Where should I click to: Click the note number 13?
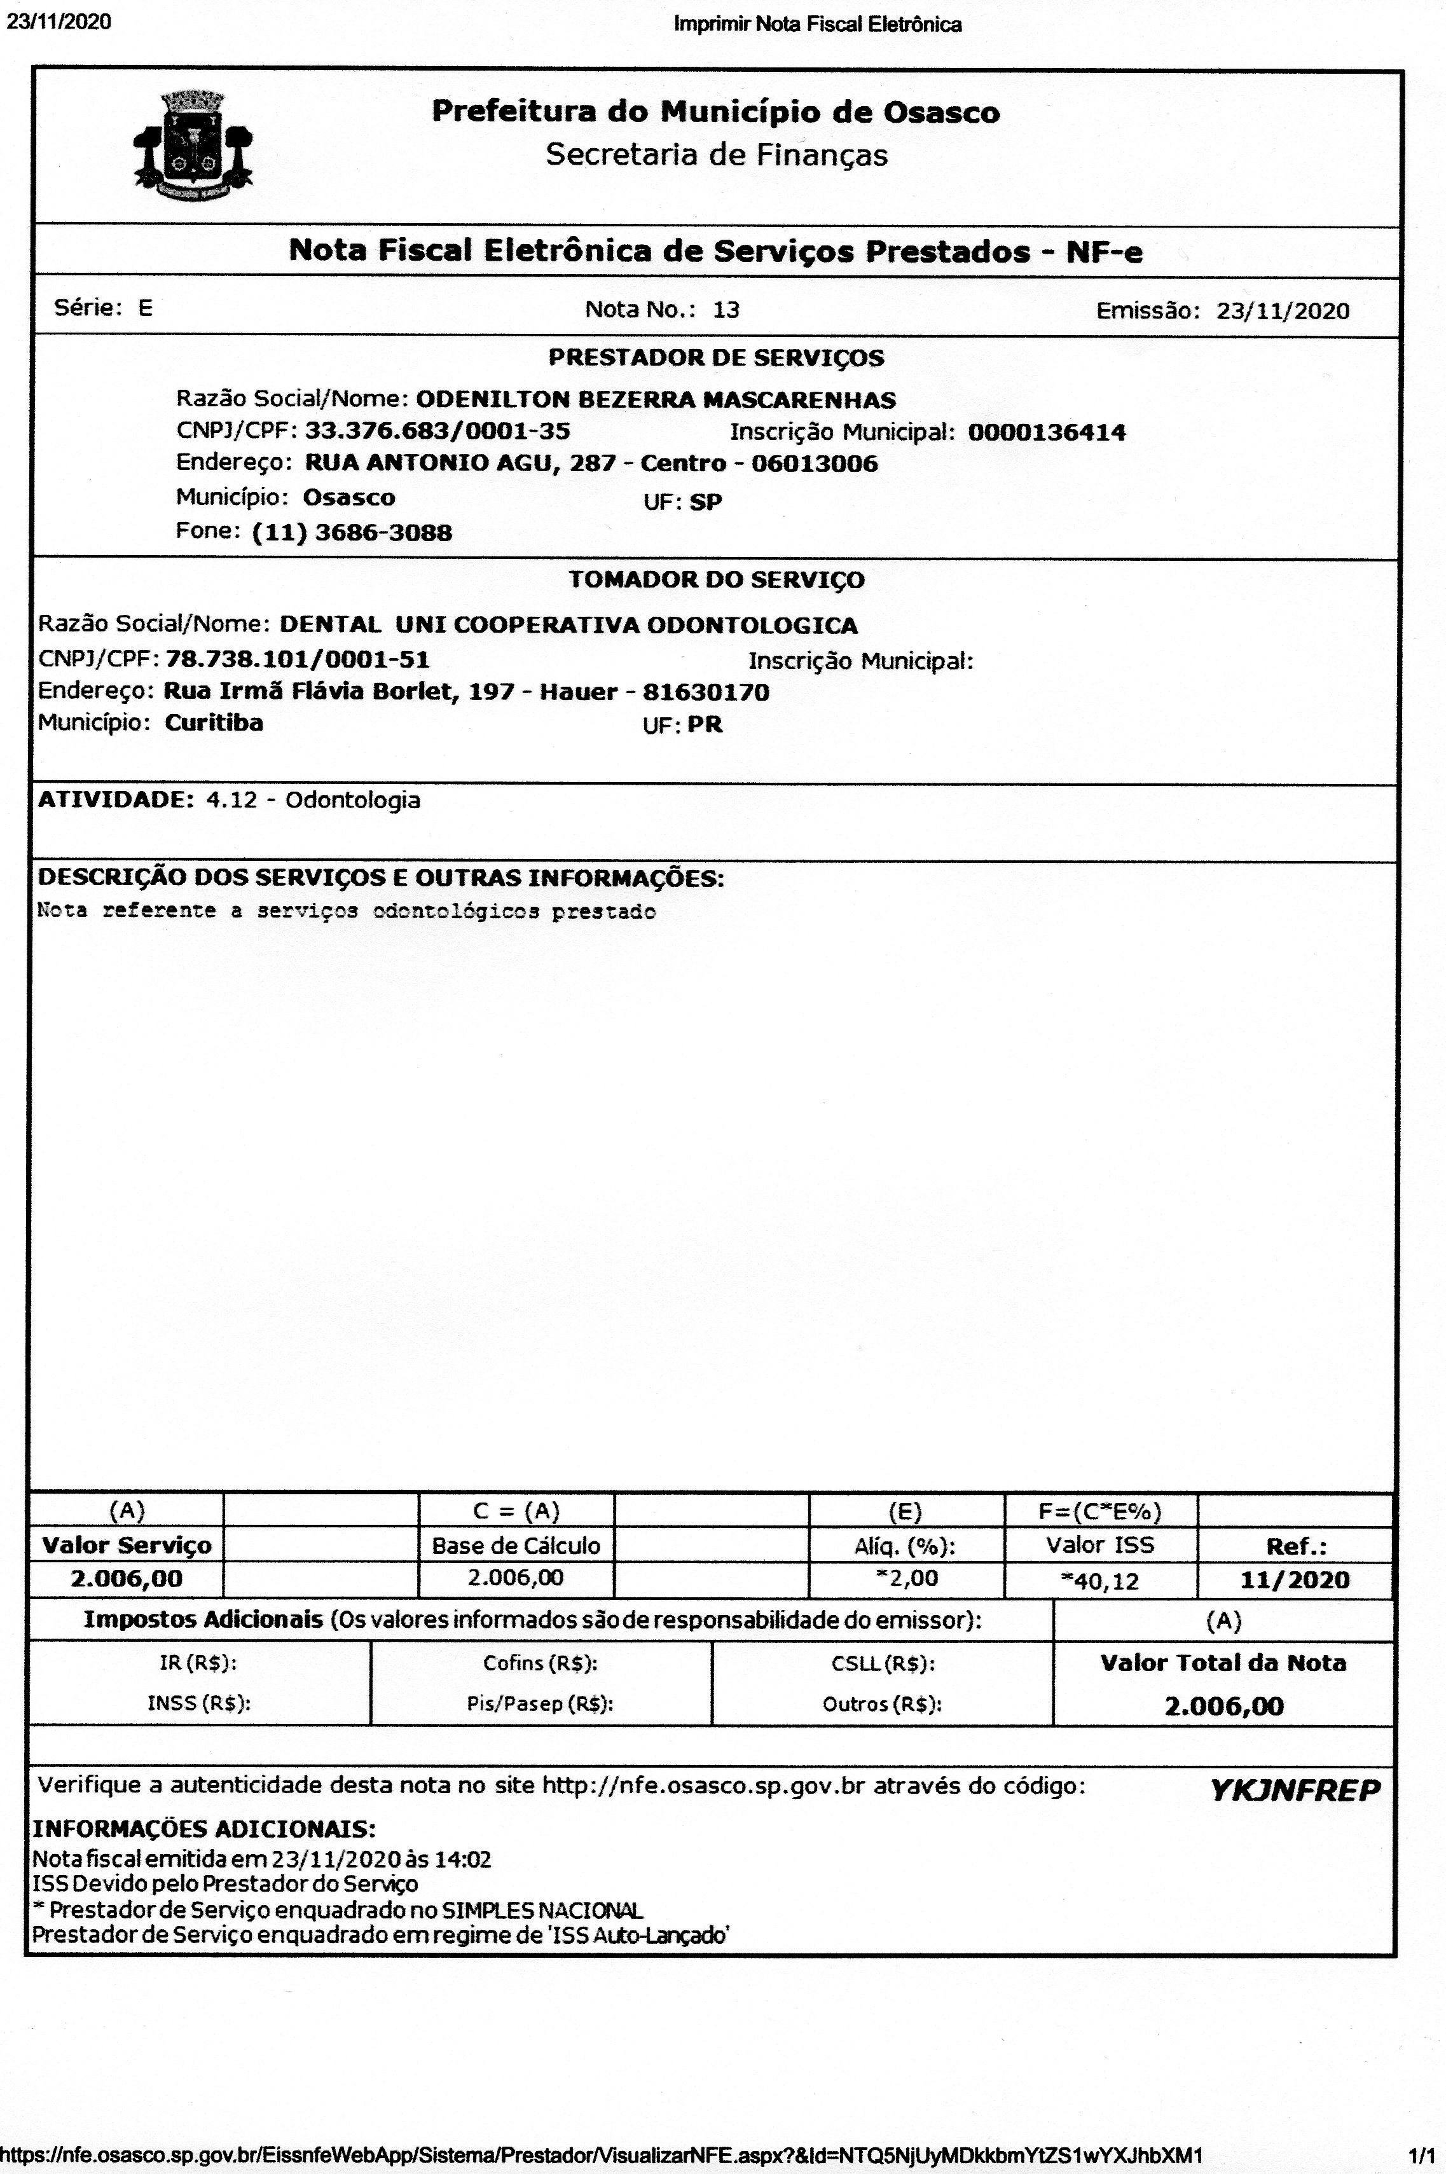726,310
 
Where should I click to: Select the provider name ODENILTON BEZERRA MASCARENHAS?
656,400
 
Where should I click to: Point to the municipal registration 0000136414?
1047,432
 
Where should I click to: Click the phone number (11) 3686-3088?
352,533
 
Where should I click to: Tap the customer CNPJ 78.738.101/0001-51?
297,660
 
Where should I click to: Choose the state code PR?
705,726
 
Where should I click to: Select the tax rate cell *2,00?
907,1578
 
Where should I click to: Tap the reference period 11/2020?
1294,1580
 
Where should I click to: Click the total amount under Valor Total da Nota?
1223,1707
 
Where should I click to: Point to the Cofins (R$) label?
541,1663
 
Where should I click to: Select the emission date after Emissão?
1282,311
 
